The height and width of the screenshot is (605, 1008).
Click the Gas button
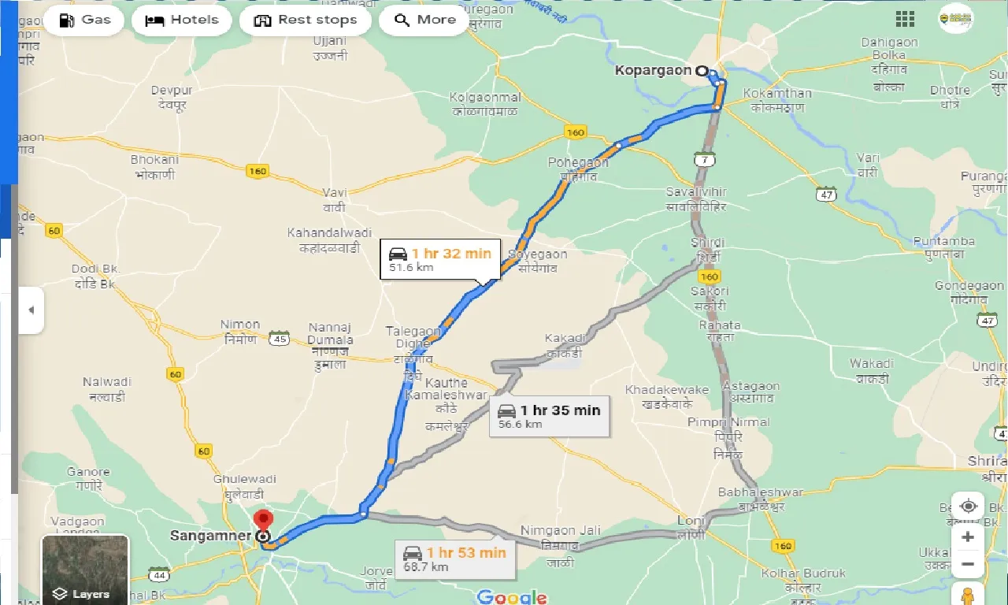(x=83, y=20)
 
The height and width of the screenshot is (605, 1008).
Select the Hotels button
(x=182, y=20)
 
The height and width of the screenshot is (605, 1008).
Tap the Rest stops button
(x=305, y=20)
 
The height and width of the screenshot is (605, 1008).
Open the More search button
(x=425, y=20)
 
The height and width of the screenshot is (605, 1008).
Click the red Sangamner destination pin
(x=263, y=521)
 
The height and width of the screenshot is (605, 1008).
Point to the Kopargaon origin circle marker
(x=702, y=71)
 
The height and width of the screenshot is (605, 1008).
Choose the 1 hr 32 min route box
(x=439, y=259)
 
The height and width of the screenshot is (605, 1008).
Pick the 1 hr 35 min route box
(x=549, y=416)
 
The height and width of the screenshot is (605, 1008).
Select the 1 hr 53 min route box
(x=454, y=559)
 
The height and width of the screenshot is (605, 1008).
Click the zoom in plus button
(x=968, y=537)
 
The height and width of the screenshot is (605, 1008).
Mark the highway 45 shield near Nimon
(x=278, y=339)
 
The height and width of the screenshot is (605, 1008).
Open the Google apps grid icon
(x=905, y=20)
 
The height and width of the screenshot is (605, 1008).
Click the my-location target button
(x=968, y=506)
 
